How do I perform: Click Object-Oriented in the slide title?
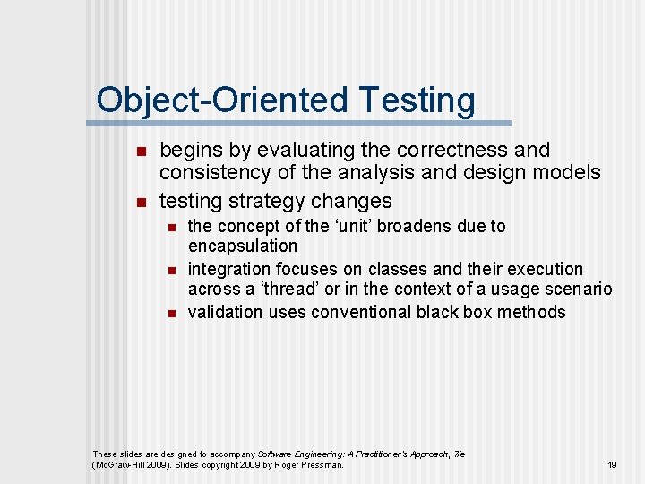[x=223, y=100]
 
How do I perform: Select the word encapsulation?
[x=242, y=246]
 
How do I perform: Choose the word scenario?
[x=578, y=289]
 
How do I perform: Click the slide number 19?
[x=613, y=465]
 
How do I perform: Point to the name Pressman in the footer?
[x=321, y=465]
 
